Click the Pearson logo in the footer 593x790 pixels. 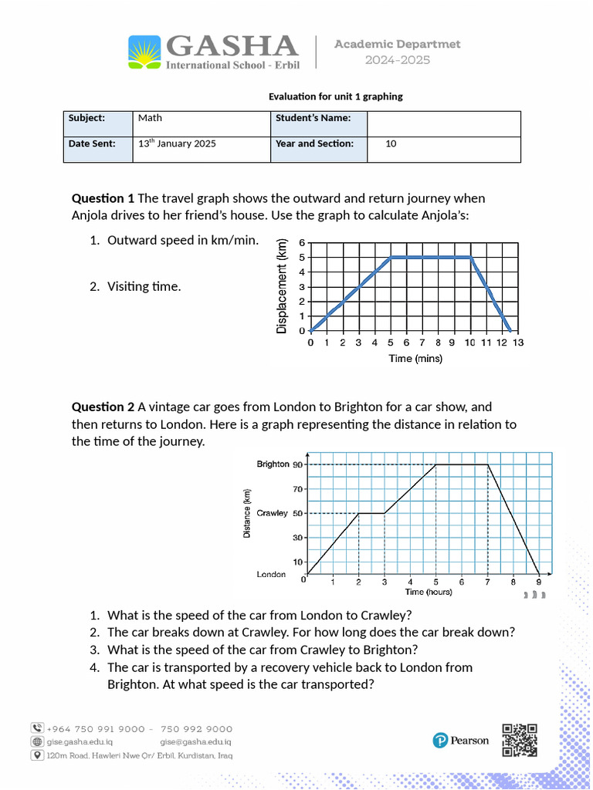[x=460, y=741]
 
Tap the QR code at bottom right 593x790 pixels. [x=520, y=740]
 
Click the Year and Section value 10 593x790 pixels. [x=391, y=143]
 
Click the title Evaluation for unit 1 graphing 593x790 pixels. [x=335, y=96]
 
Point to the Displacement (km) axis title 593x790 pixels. [x=282, y=285]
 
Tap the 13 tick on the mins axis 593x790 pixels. [x=517, y=343]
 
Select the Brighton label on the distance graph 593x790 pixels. [x=272, y=464]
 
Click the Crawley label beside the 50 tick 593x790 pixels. [x=272, y=513]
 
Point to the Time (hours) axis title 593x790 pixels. [x=429, y=592]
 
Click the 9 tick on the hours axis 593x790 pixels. [x=538, y=582]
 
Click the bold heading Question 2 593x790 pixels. [x=103, y=407]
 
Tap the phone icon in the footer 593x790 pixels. [x=37, y=728]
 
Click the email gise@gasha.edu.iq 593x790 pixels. [x=189, y=741]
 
